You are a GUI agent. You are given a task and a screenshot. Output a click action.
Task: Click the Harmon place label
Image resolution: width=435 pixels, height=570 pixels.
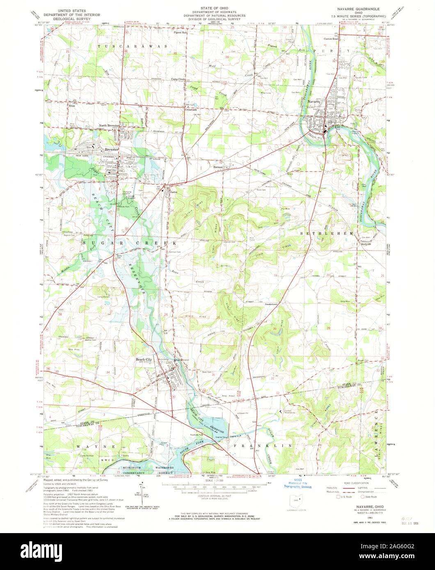[x=219, y=167]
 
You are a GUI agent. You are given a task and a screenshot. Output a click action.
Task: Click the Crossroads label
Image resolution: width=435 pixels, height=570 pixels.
[x=190, y=110]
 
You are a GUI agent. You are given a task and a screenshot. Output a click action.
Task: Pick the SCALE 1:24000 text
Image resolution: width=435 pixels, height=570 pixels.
[x=215, y=480]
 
